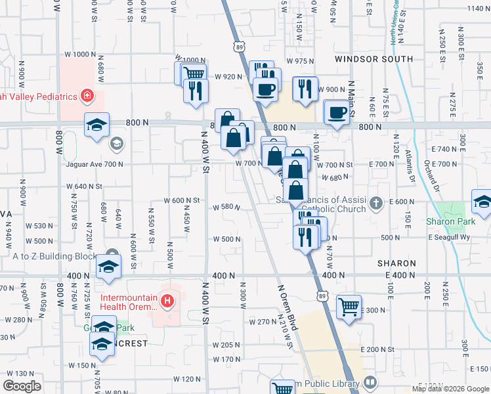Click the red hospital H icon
click(168, 301)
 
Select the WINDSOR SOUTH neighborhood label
click(374, 59)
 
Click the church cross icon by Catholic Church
click(375, 202)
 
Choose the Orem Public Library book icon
click(370, 382)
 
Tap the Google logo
click(22, 386)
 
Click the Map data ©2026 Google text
click(450, 389)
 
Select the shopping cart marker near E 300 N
click(349, 307)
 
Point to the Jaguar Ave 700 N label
click(95, 164)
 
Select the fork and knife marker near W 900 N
click(304, 89)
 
